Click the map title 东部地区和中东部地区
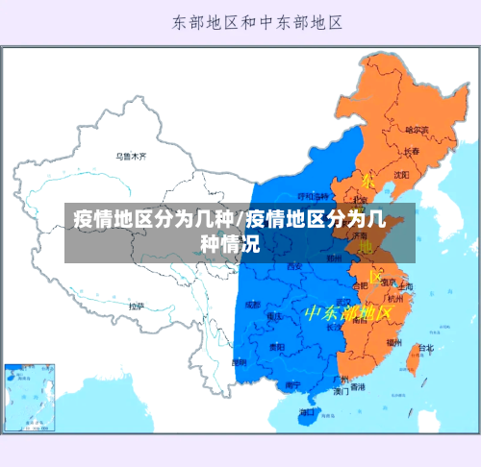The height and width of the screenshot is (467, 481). point(258,20)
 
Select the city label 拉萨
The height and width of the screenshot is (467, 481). point(137,306)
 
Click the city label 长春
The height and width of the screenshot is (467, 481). point(411,152)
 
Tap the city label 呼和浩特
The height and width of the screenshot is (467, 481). point(315,197)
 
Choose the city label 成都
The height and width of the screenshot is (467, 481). point(253,304)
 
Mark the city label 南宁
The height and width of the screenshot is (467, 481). point(292,384)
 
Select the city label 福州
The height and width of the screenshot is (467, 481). point(394,341)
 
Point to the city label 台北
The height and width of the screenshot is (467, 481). point(424,348)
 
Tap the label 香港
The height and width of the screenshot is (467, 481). point(358,387)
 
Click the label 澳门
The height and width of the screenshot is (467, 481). point(341,392)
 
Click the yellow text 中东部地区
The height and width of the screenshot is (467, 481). point(347,313)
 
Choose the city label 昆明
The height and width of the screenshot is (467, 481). point(239,362)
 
